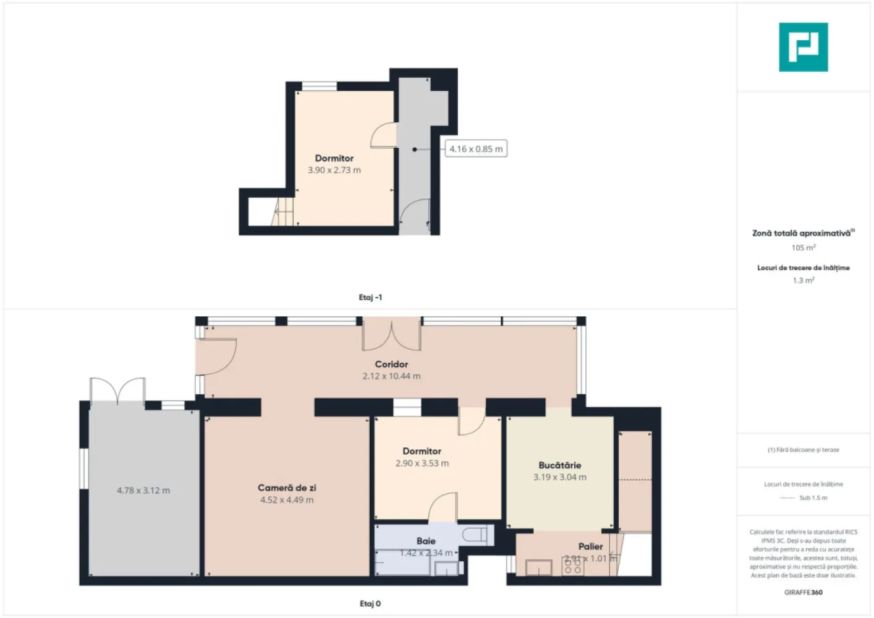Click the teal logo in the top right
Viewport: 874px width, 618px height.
(x=803, y=47)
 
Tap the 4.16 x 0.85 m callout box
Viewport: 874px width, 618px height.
(x=476, y=149)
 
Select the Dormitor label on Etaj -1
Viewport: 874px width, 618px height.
(x=334, y=158)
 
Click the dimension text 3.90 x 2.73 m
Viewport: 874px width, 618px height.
(x=334, y=170)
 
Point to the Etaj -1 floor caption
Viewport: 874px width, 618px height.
(x=370, y=297)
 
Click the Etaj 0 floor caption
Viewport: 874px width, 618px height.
(x=370, y=604)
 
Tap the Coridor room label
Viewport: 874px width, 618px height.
(x=391, y=364)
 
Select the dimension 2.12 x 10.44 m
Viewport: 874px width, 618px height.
(x=391, y=376)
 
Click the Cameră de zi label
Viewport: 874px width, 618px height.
(x=287, y=488)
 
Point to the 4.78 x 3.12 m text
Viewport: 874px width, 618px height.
(x=143, y=491)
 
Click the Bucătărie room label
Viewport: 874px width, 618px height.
(x=559, y=465)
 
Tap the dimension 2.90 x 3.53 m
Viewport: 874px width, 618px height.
(x=422, y=463)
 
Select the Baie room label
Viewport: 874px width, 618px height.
(x=426, y=541)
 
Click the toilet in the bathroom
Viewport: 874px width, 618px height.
(x=477, y=534)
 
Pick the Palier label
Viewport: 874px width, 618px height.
(x=590, y=546)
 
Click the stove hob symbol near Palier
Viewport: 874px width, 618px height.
(x=572, y=566)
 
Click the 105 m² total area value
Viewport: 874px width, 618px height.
(x=803, y=248)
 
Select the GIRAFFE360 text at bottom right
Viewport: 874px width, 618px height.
(x=803, y=592)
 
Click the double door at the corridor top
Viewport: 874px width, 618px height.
(x=391, y=334)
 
